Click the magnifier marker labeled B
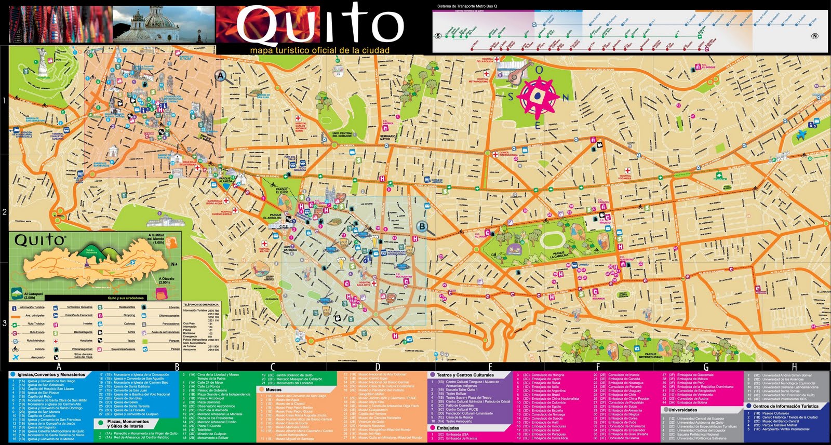422,226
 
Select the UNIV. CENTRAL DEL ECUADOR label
342,135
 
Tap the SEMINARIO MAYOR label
388,138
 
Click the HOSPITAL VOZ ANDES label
625,177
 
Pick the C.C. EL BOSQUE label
708,66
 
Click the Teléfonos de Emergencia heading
201,304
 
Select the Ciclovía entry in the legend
39,349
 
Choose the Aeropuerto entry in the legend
38,357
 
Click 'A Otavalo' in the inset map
166,280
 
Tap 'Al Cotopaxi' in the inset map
30,295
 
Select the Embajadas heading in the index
447,428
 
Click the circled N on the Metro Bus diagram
814,36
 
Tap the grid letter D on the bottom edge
378,367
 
